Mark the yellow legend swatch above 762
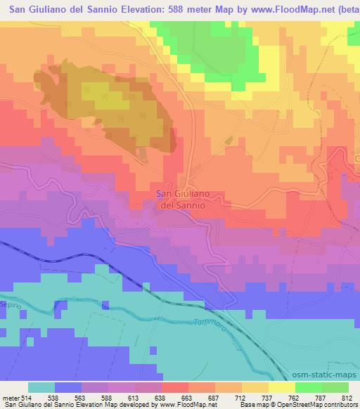tap(281, 387)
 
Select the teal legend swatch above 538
tap(41, 387)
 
